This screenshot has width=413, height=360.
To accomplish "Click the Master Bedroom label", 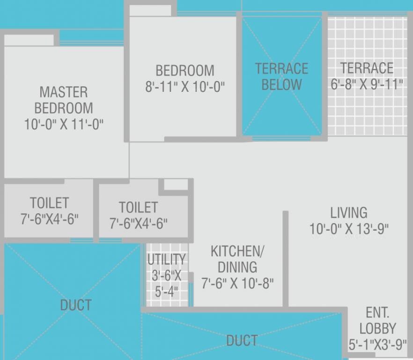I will click(63, 99).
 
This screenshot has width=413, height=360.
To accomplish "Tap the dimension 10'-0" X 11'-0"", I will click(64, 124).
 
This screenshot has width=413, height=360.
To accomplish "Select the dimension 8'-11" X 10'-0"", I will click(185, 87).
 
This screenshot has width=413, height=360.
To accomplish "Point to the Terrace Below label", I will click(281, 76).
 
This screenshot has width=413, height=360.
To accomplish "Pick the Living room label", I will click(348, 212).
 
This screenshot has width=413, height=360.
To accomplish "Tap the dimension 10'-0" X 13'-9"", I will click(348, 229).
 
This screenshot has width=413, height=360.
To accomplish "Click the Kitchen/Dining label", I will click(237, 259).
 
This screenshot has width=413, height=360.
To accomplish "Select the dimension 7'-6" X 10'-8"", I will click(237, 283).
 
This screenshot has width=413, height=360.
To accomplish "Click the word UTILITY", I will click(166, 259).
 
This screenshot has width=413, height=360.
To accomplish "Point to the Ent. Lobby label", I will click(377, 320).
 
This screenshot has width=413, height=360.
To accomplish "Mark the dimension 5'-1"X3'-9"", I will click(377, 345).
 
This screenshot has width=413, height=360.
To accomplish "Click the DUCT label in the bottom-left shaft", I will click(75, 305).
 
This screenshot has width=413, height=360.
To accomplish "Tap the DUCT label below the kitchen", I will click(242, 340).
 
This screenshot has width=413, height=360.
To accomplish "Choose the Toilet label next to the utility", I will click(138, 207).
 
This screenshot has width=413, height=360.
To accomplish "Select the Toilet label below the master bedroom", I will click(49, 203).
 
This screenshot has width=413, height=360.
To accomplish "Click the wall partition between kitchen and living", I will click(285, 258).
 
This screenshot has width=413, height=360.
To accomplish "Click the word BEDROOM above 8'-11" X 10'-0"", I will click(185, 71).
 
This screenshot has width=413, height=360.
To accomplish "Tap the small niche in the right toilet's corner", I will click(176, 185).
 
